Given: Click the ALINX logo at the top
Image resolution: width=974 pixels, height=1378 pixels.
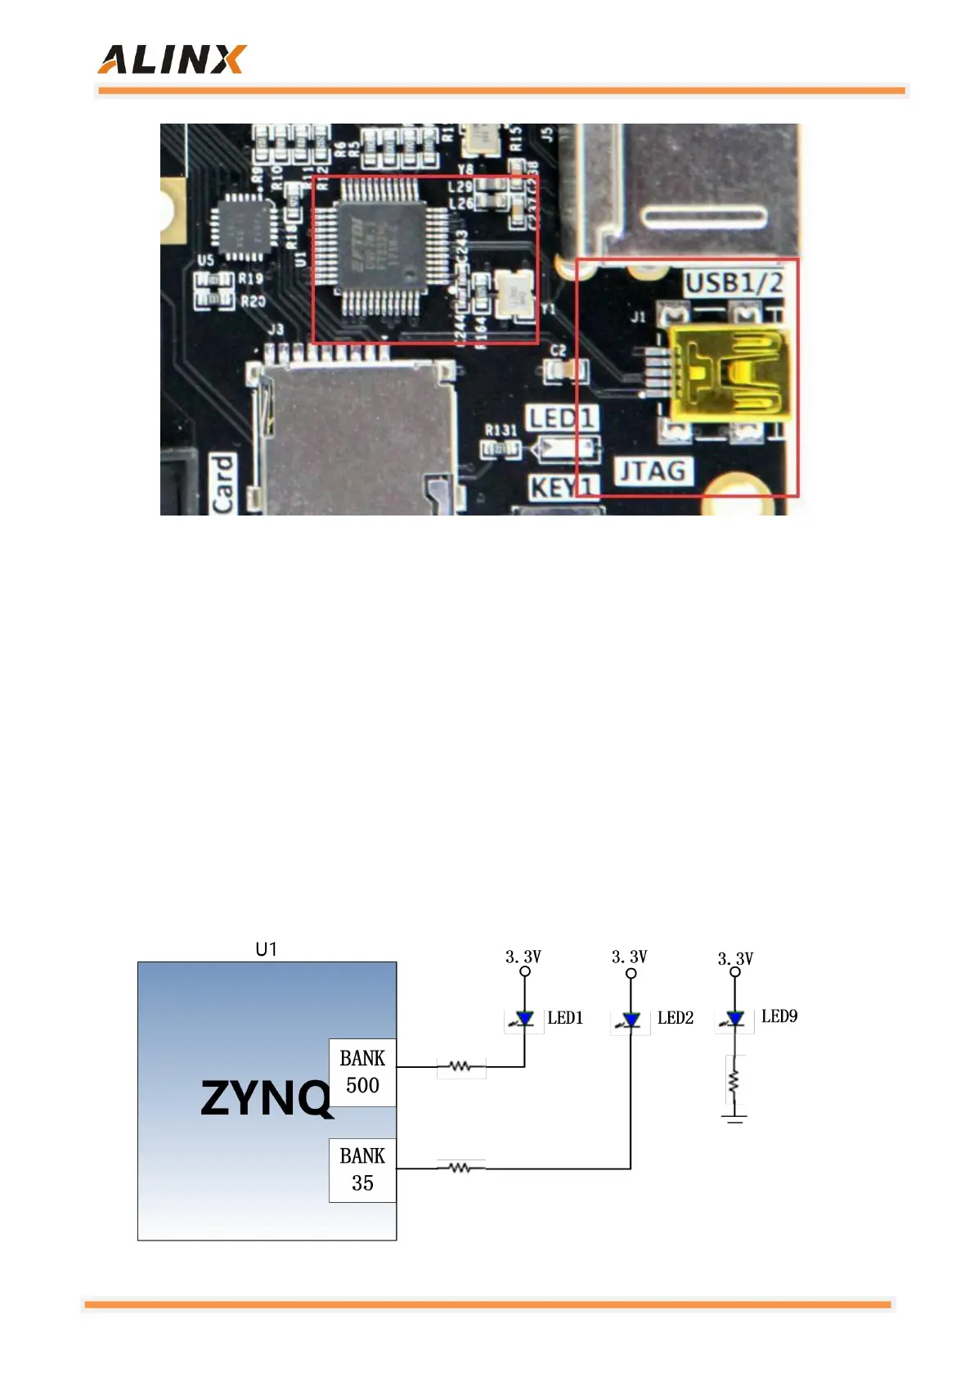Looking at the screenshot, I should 172,60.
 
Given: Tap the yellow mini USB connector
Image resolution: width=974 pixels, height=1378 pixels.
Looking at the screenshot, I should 728,373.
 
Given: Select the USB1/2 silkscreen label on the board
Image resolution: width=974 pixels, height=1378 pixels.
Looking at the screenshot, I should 734,283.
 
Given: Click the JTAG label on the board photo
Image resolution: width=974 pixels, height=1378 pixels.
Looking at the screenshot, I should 652,471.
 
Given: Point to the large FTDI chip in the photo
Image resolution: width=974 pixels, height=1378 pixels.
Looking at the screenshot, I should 381,246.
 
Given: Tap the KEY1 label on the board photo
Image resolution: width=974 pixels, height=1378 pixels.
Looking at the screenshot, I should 563,488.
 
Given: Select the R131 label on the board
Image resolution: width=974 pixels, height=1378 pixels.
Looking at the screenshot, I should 500,430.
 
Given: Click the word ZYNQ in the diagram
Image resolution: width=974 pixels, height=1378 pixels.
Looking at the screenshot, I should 266,1097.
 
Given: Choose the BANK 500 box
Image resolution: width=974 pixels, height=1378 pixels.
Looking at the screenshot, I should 362,1072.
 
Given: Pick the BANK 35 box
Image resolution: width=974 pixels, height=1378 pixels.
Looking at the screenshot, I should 362,1170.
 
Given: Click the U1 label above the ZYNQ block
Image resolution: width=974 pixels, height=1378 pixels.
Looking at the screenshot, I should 267,949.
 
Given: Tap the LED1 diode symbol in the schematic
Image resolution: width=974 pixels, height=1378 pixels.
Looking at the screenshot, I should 524,1019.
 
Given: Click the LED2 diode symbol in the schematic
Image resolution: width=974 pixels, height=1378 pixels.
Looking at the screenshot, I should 631,1020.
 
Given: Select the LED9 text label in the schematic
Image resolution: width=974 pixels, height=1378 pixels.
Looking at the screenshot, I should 779,1016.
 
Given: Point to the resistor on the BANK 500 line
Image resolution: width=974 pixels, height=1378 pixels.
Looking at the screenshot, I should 460,1067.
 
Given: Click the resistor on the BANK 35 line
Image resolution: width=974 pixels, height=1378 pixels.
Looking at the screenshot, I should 460,1169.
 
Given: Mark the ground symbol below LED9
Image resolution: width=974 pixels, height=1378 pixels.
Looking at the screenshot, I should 734,1117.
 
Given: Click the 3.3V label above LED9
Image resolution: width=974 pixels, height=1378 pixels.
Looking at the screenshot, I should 735,958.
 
